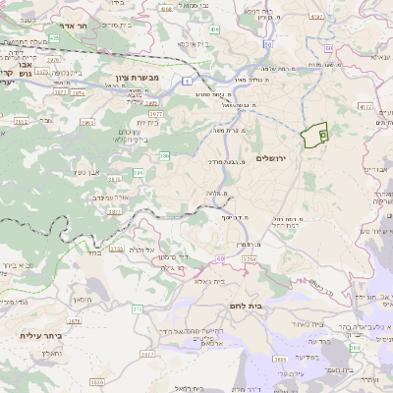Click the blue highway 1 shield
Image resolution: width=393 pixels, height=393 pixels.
pyautogui.click(x=188, y=82)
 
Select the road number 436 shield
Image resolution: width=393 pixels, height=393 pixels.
pyautogui.click(x=214, y=31)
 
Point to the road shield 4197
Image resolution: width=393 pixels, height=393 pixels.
pyautogui.click(x=315, y=17)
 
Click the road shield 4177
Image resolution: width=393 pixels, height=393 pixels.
pyautogui.click(x=365, y=106)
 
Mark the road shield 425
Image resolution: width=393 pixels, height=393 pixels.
pyautogui.click(x=54, y=39)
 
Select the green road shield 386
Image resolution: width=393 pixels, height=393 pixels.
pyautogui.click(x=165, y=155)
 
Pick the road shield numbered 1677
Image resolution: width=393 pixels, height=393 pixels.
pyautogui.click(x=155, y=114)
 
